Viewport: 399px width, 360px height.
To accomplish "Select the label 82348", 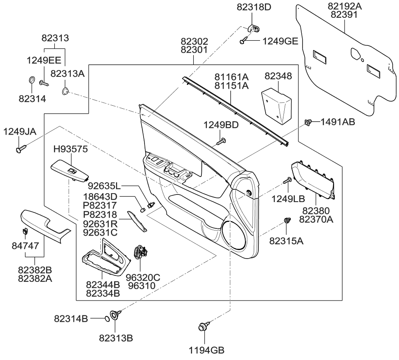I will (278, 76).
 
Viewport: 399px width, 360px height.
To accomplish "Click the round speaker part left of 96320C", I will (140, 253).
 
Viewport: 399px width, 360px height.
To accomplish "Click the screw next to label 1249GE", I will (244, 41).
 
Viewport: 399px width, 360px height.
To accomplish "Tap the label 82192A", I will (345, 6).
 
